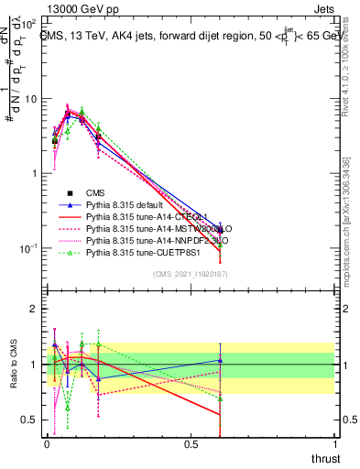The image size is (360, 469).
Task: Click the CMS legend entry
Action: click(x=93, y=193)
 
